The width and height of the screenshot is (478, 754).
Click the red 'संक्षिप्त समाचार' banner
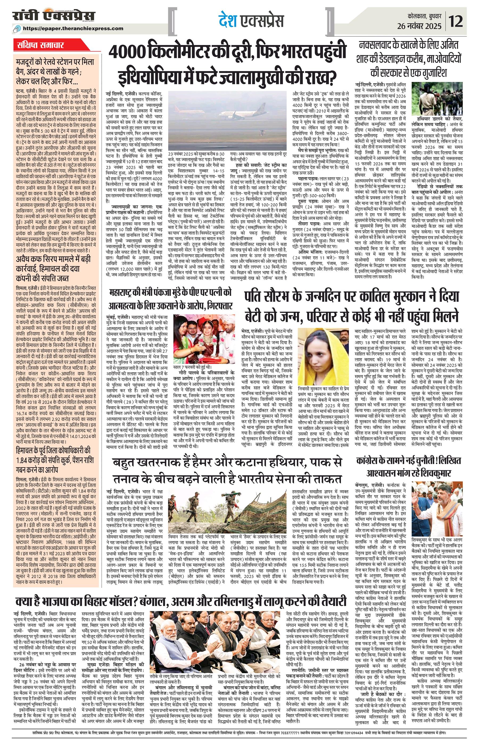tap(40, 45)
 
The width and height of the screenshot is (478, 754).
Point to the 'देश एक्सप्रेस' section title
tap(250, 21)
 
